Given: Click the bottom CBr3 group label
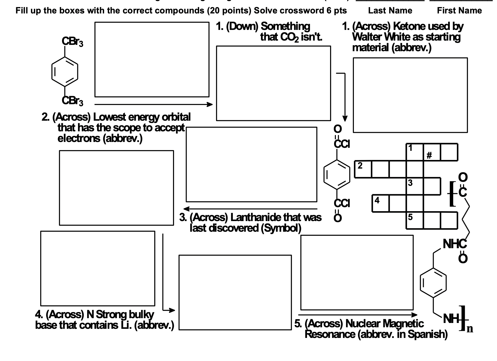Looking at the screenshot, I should point(72,101).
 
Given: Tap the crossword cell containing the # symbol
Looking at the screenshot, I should point(432,152).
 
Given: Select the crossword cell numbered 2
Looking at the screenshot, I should point(363,169).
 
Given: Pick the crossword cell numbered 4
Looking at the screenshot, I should point(380,203).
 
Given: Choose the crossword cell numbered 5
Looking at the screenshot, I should point(414,221).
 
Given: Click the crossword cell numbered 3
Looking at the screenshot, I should point(414,186).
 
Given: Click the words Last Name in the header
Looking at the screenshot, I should point(390,11).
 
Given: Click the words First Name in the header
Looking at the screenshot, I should point(459,11).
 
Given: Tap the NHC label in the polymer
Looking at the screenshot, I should point(454,244).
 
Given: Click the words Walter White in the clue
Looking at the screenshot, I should point(380,37).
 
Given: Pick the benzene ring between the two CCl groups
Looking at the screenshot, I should point(337,175).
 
